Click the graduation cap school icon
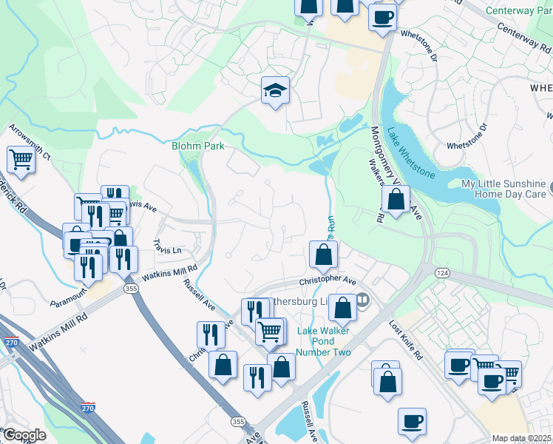coord(275,91)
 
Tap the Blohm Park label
coord(198,146)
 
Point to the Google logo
coord(24,435)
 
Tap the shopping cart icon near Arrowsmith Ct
coord(21,159)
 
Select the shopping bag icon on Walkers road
coord(396,199)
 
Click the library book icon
coord(362,300)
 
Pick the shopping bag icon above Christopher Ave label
coord(323,255)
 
